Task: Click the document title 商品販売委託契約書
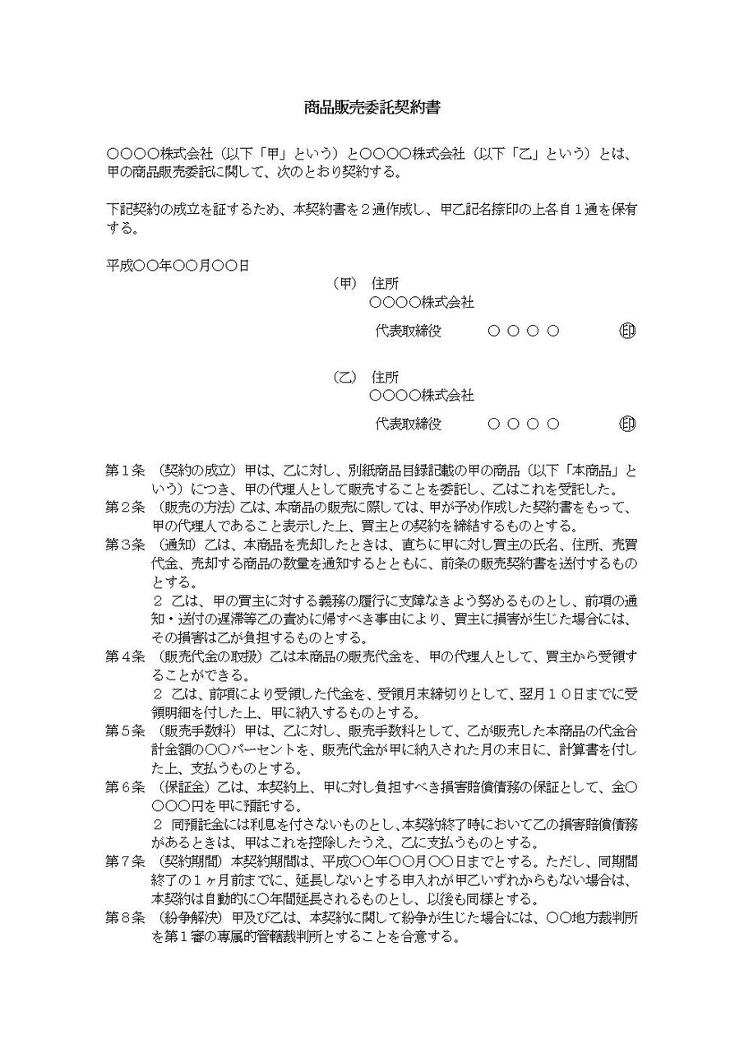[372, 107]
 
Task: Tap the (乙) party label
[344, 378]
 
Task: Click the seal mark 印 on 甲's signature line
[627, 332]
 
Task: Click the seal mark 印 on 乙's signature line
[627, 424]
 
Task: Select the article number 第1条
[125, 471]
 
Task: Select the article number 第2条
[125, 508]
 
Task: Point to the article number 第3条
[125, 545]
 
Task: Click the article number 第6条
[125, 787]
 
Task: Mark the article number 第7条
[125, 861]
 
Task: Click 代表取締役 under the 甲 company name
[409, 332]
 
